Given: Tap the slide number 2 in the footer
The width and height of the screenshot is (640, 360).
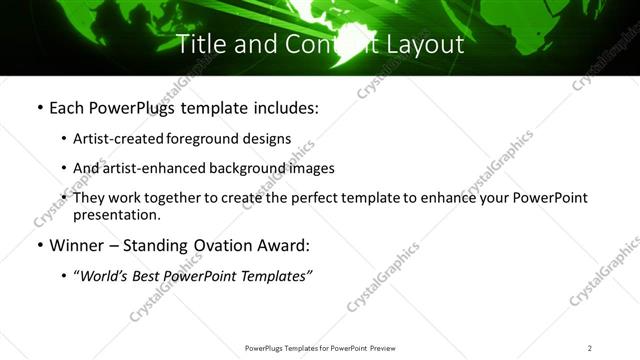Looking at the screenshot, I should (590, 348).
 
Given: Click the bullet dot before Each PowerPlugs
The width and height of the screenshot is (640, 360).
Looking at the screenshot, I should (39, 107).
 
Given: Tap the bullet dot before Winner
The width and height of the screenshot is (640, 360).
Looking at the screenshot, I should (39, 245).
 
